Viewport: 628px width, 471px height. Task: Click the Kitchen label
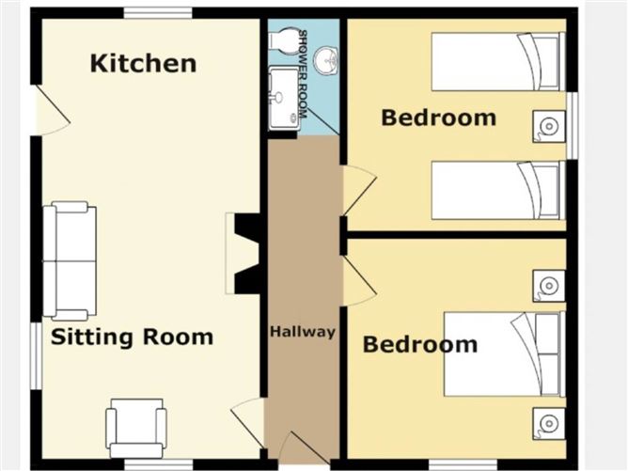click(144, 64)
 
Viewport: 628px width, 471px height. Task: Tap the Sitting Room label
click(133, 337)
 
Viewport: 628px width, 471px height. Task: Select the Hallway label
click(303, 332)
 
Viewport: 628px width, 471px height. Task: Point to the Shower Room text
click(303, 74)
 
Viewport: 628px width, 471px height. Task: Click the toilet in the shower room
click(284, 40)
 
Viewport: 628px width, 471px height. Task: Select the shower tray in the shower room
click(284, 99)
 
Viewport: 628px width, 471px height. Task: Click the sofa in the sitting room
click(70, 260)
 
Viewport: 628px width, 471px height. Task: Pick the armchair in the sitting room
click(136, 428)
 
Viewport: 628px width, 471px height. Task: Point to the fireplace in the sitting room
click(243, 253)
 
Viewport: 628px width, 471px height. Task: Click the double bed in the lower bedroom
click(505, 354)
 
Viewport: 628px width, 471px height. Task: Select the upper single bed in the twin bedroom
click(498, 62)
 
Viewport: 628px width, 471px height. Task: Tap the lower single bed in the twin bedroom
click(498, 190)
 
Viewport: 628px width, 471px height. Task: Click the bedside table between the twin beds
click(549, 127)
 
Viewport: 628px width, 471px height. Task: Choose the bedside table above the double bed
click(549, 286)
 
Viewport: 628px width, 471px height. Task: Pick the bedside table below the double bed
click(549, 423)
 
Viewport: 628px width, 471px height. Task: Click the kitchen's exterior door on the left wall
click(52, 110)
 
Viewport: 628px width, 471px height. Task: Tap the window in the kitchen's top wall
click(158, 13)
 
